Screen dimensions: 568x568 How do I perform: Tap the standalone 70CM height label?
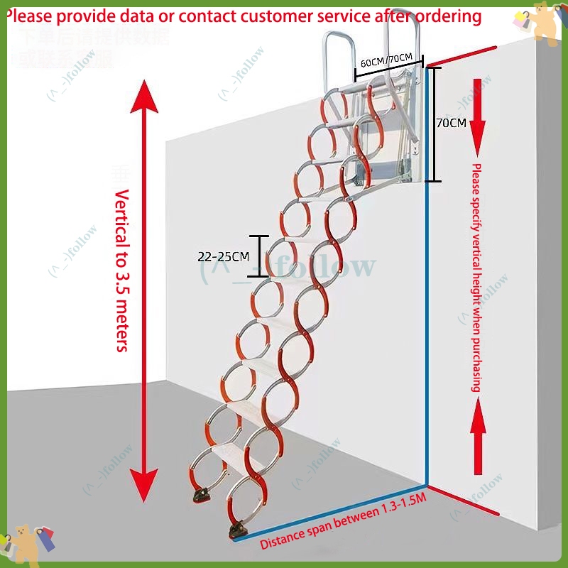tap(451, 123)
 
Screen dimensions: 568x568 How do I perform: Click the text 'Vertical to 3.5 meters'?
tap(121, 271)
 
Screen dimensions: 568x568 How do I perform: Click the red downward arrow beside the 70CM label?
tap(477, 114)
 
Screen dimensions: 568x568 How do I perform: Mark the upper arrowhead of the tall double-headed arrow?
tap(147, 99)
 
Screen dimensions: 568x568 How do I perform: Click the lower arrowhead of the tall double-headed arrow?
tap(148, 483)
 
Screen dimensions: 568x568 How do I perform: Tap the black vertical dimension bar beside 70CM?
tap(435, 124)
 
